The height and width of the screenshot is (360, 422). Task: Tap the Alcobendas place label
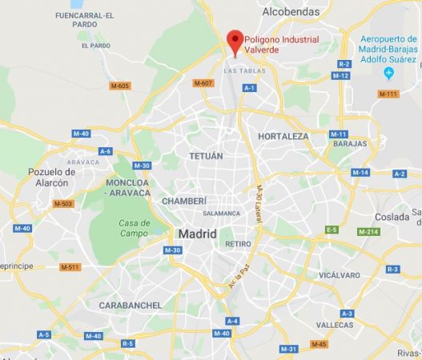click(x=291, y=12)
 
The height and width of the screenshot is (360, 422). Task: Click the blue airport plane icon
click(x=389, y=74)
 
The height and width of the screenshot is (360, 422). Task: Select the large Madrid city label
click(x=196, y=234)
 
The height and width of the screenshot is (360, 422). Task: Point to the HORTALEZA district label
click(x=283, y=137)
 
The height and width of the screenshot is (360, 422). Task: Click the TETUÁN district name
click(x=206, y=156)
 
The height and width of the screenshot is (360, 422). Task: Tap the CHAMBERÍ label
click(x=184, y=201)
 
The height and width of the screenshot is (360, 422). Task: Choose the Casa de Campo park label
click(x=135, y=228)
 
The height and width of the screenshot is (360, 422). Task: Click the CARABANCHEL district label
click(x=131, y=305)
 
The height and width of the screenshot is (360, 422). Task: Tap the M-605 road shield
click(x=120, y=86)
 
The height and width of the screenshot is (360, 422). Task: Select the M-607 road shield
click(x=203, y=83)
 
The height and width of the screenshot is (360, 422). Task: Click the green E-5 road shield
click(x=332, y=230)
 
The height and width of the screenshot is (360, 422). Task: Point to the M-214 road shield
click(x=368, y=232)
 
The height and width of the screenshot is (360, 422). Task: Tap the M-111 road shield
click(x=388, y=94)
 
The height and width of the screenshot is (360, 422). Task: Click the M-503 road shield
click(x=62, y=204)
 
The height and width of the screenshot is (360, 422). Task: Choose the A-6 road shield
click(x=105, y=150)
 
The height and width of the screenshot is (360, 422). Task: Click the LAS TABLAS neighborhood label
click(x=239, y=71)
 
